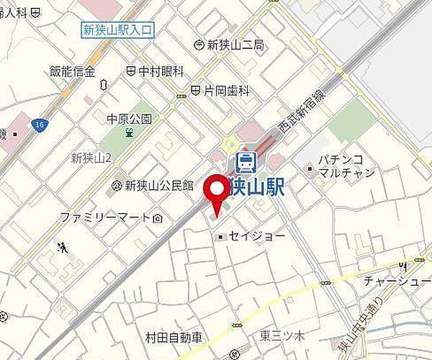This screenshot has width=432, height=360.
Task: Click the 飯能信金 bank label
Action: (73, 71)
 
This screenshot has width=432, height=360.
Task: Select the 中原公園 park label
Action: (129, 119)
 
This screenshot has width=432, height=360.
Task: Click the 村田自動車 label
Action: (175, 337)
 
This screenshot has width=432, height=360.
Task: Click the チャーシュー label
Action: (397, 281)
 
